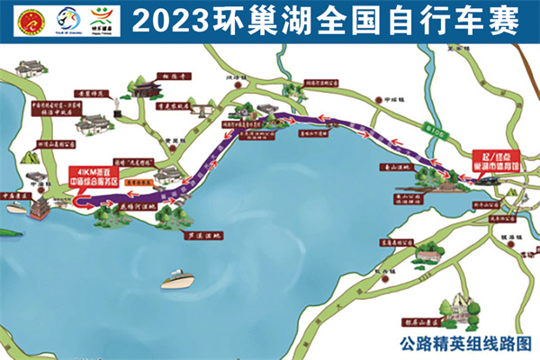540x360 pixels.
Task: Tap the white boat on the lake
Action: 178,281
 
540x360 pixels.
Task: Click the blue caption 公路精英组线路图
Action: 466,342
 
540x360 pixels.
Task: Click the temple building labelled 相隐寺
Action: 144,88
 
